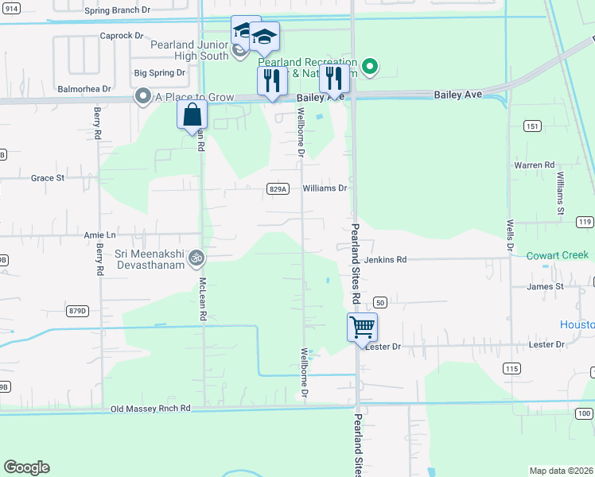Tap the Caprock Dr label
(x=121, y=36)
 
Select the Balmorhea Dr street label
(x=83, y=90)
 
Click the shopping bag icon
(x=192, y=114)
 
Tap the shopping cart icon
(x=362, y=326)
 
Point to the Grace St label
(x=48, y=178)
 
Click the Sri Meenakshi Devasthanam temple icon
(x=196, y=258)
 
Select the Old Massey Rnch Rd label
(x=150, y=408)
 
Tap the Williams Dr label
(x=325, y=188)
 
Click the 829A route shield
(x=277, y=189)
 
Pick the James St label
(x=545, y=286)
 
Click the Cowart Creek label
(x=557, y=255)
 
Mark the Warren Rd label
(x=534, y=165)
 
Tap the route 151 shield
(x=532, y=126)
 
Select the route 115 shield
(x=511, y=368)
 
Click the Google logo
(x=26, y=467)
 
